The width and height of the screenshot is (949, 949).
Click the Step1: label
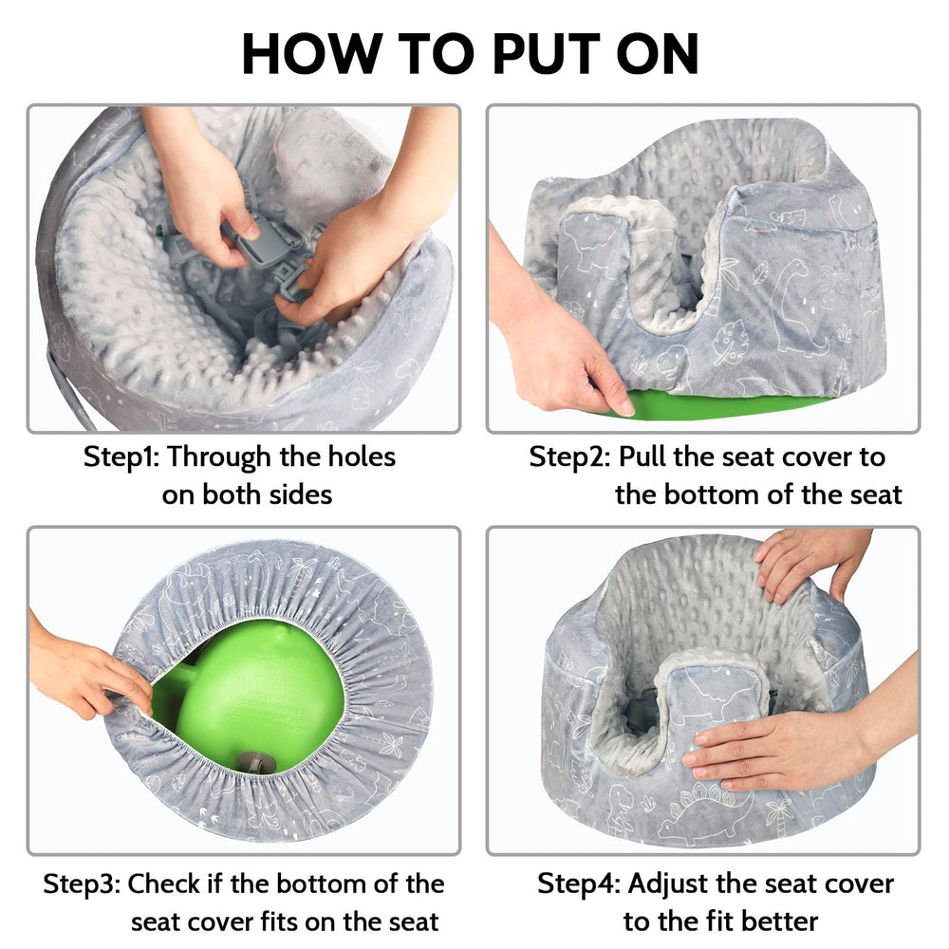122,456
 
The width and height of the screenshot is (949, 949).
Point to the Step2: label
569,456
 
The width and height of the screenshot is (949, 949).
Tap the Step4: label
579,884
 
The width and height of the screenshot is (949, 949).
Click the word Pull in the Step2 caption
646,456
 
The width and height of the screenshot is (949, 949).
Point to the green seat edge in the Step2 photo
721,407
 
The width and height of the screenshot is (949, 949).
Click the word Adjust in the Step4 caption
669,884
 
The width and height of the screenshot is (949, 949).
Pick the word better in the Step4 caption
769,921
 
